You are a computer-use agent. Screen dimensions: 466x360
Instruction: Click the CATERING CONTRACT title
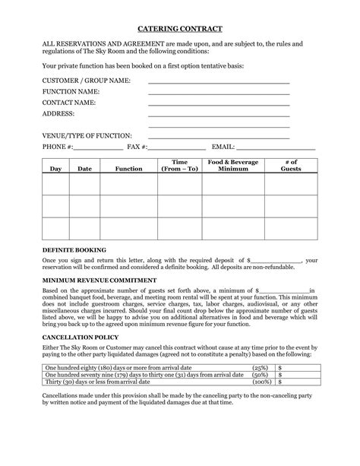pos(180,28)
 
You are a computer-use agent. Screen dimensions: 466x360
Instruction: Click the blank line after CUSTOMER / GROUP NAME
pos(219,81)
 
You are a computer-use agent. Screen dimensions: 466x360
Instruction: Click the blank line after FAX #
pos(177,150)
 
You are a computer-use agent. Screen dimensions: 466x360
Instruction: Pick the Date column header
pos(85,169)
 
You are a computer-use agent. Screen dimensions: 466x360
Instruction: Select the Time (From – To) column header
pos(179,166)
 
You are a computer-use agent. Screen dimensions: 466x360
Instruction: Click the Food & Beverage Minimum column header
pos(233,166)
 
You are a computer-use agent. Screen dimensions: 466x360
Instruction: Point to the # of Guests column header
pos(291,166)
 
